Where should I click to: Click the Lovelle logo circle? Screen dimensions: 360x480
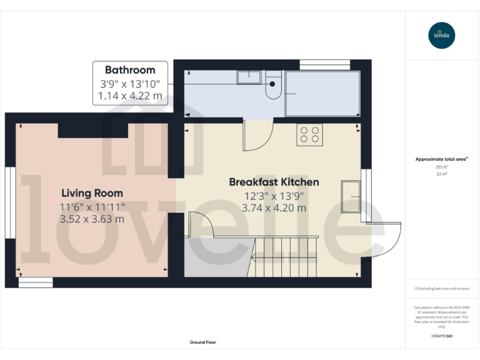[x=442, y=35]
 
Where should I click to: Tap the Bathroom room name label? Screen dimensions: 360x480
[x=130, y=70]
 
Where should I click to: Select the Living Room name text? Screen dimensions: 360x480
[x=92, y=193]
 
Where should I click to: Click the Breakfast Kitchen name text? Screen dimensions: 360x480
[x=274, y=182]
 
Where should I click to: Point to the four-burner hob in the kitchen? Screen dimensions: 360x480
[x=309, y=135]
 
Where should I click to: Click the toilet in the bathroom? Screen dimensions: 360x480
[x=273, y=88]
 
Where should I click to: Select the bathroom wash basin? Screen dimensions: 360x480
[x=249, y=77]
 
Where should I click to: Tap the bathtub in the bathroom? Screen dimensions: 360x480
[x=322, y=94]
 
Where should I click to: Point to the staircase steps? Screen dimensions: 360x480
[x=284, y=257]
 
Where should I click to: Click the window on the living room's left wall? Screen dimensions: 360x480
[x=10, y=193]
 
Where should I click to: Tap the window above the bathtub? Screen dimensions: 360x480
[x=324, y=64]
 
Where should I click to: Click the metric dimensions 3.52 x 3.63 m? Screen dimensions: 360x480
[x=92, y=219]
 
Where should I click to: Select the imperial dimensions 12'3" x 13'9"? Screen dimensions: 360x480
[x=274, y=196]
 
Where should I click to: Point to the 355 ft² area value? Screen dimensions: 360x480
[x=442, y=167]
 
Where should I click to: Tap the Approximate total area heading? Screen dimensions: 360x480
[x=441, y=159]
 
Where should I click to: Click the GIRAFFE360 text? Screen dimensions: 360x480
[x=442, y=336]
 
